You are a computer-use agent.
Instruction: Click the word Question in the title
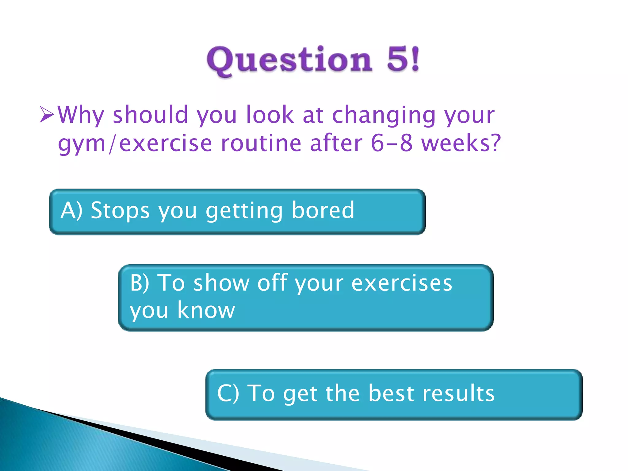[289, 60]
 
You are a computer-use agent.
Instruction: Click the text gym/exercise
[135, 144]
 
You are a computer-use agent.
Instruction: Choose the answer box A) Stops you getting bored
[237, 212]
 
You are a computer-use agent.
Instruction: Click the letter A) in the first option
[71, 210]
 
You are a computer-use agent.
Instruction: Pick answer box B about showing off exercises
[306, 298]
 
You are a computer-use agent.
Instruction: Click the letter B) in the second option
[140, 283]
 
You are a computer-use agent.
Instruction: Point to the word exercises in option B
[402, 283]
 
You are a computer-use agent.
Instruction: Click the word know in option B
[206, 310]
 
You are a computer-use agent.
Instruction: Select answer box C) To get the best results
[394, 395]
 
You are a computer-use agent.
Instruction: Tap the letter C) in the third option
[228, 393]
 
